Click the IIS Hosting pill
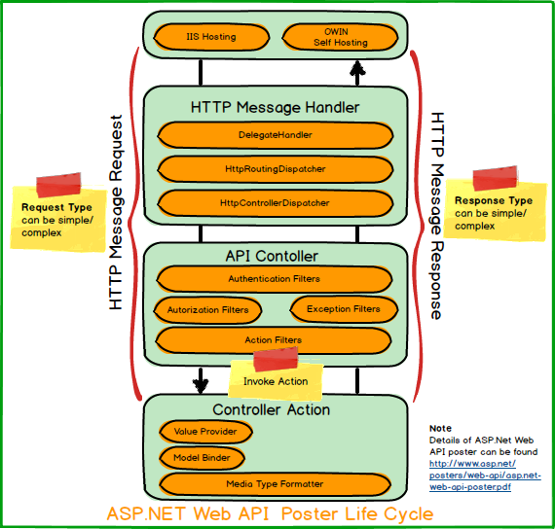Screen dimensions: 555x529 pyautogui.click(x=211, y=37)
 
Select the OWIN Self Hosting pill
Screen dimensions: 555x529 pyautogui.click(x=340, y=37)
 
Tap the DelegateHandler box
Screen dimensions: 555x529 pyautogui.click(x=276, y=135)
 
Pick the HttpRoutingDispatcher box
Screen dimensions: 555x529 pyautogui.click(x=276, y=169)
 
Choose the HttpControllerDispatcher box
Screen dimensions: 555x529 pyautogui.click(x=276, y=203)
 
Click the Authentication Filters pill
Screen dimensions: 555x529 pyautogui.click(x=275, y=279)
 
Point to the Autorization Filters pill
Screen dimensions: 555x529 pyautogui.click(x=207, y=310)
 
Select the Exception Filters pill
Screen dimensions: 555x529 pyautogui.click(x=344, y=309)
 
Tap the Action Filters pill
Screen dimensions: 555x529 pyautogui.click(x=274, y=340)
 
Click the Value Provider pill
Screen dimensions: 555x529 pyautogui.click(x=205, y=432)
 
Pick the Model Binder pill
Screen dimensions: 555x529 pyautogui.click(x=202, y=458)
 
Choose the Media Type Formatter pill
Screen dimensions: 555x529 pyautogui.click(x=275, y=484)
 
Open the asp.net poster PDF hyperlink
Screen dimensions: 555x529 pyautogui.click(x=485, y=476)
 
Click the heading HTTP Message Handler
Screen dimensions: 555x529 pyautogui.click(x=275, y=108)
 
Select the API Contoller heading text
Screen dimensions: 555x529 pyautogui.click(x=272, y=257)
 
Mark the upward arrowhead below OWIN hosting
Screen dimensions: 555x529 pyautogui.click(x=357, y=68)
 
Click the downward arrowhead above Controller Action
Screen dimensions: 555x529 pyautogui.click(x=201, y=386)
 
